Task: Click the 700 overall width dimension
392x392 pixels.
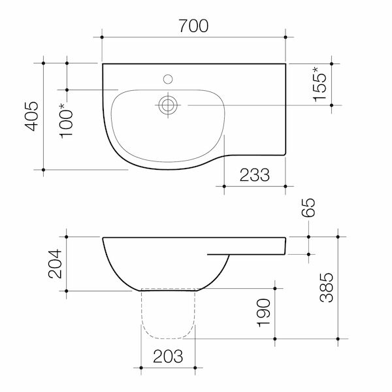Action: click(x=193, y=26)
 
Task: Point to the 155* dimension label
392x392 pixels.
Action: click(x=321, y=83)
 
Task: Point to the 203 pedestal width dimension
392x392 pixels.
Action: click(x=167, y=357)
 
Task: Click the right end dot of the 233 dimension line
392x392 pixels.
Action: click(x=286, y=187)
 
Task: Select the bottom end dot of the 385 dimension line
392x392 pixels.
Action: click(x=337, y=339)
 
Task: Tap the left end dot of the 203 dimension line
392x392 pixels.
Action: click(x=140, y=369)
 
